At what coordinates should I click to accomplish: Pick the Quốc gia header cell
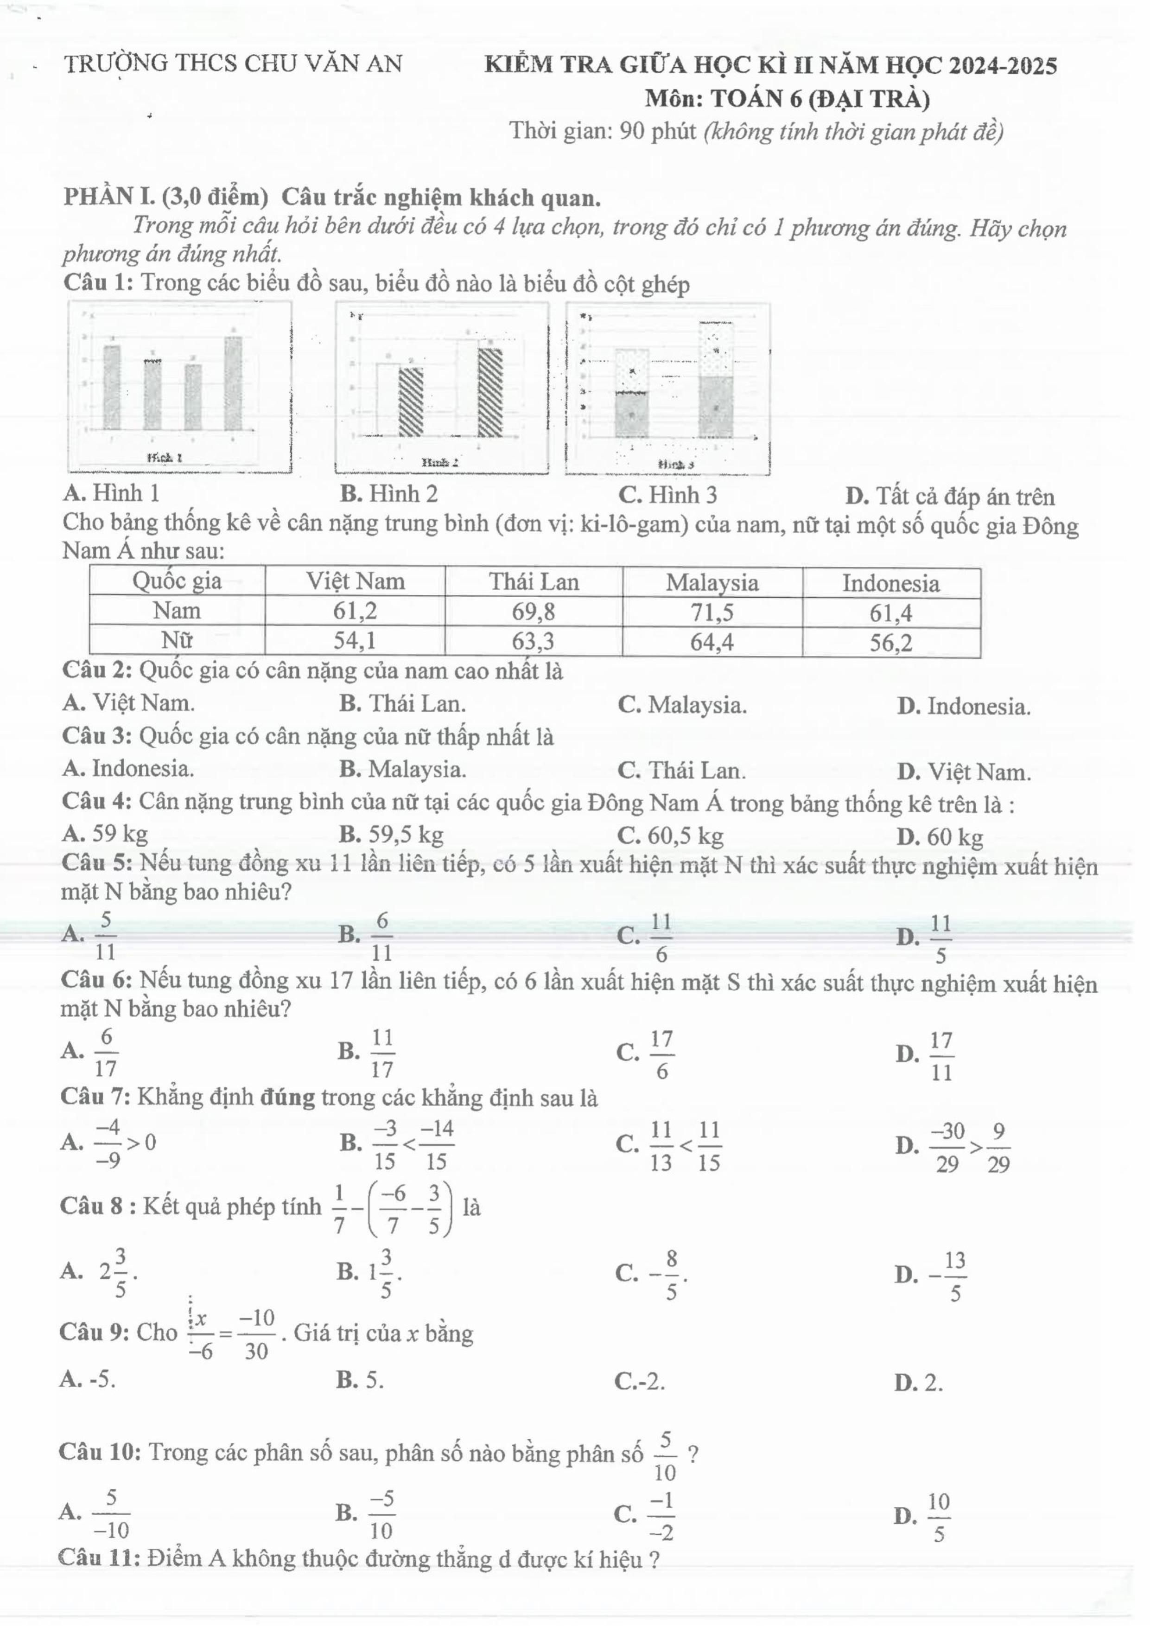pos(177,581)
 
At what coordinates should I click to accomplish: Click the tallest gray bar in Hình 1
pos(233,383)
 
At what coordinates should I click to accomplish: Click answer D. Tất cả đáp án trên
pos(949,496)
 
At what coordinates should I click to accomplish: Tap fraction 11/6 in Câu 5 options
pos(661,938)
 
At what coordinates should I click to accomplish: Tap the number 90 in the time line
pos(630,131)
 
